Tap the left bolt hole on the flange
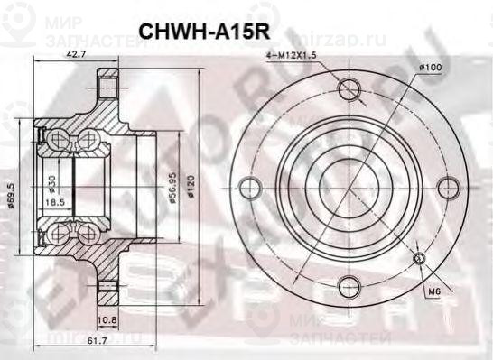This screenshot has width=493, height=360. [x=250, y=188]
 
